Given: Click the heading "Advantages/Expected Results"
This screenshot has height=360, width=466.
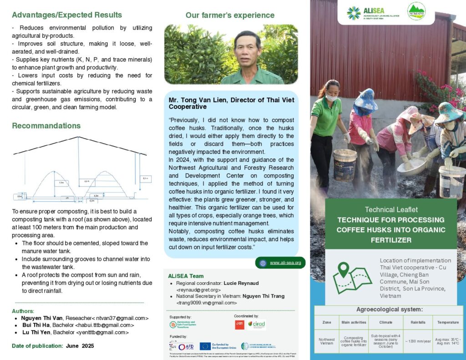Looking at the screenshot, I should click(x=67, y=15).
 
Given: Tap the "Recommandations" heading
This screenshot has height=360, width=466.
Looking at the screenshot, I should click(x=46, y=126).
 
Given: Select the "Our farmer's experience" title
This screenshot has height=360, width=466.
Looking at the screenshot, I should click(x=230, y=15).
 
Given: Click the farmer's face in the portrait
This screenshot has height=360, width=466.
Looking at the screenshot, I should click(x=248, y=49).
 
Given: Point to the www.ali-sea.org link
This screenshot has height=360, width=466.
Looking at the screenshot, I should click(x=285, y=263).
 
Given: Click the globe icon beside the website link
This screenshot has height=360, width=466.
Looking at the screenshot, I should click(x=263, y=263).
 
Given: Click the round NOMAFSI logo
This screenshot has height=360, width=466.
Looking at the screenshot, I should click(x=416, y=11).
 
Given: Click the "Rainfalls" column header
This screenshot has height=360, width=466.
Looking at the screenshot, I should click(x=417, y=322).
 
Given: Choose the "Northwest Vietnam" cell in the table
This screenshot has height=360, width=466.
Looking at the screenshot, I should click(x=326, y=341).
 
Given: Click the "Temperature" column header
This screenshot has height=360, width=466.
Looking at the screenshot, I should click(x=448, y=322).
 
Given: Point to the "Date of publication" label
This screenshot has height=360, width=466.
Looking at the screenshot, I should click(x=37, y=346).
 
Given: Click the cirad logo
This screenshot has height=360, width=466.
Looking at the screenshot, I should click(x=257, y=325).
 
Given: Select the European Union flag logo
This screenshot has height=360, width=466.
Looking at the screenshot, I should click(x=205, y=346).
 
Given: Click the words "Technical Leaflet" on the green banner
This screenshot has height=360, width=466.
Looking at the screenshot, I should click(x=391, y=209).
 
